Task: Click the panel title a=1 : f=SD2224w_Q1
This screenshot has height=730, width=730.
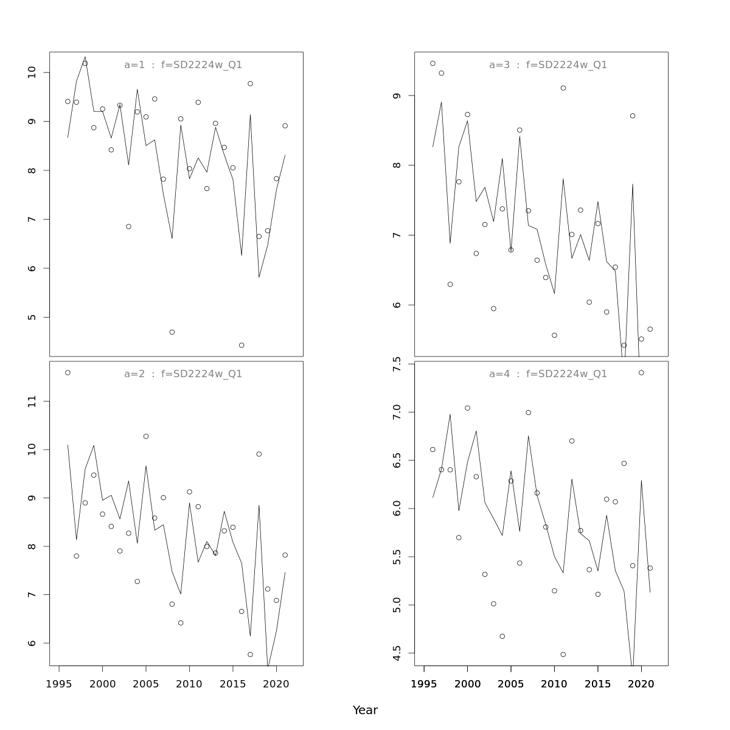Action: [183, 65]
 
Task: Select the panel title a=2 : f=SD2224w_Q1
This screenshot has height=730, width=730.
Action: [183, 374]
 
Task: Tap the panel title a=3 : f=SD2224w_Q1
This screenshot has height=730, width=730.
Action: [548, 65]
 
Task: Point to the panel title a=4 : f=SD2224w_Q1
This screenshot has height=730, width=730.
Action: [548, 374]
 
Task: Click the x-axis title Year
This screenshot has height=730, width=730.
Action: [365, 711]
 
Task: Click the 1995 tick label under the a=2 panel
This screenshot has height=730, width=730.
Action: [59, 684]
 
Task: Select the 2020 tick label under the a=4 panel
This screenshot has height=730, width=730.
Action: [641, 684]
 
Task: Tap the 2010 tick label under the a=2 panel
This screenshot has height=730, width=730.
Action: [189, 684]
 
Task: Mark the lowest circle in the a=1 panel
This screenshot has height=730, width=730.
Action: [242, 346]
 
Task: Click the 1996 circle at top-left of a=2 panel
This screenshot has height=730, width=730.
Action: [68, 373]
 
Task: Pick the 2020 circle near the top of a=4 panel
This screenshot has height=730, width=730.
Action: [641, 373]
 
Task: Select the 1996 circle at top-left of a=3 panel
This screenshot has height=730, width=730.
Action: [433, 63]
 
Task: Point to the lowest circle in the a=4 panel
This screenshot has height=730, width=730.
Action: [563, 655]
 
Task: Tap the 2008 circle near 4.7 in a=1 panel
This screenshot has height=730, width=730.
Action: [172, 332]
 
